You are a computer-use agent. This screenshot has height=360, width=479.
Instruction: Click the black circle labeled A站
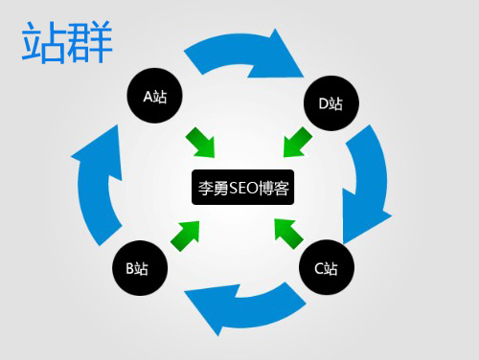[156, 96]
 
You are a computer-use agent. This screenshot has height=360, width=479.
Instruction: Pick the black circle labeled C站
[326, 267]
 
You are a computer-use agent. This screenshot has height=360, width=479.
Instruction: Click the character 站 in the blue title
[44, 44]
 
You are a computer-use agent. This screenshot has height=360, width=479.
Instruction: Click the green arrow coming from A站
[202, 142]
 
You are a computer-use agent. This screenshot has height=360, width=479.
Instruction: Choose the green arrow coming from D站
[296, 142]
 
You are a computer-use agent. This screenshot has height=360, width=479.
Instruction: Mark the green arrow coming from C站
[288, 233]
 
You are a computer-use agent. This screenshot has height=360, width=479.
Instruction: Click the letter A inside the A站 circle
[148, 96]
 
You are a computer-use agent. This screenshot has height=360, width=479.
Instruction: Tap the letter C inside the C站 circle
[319, 267]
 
